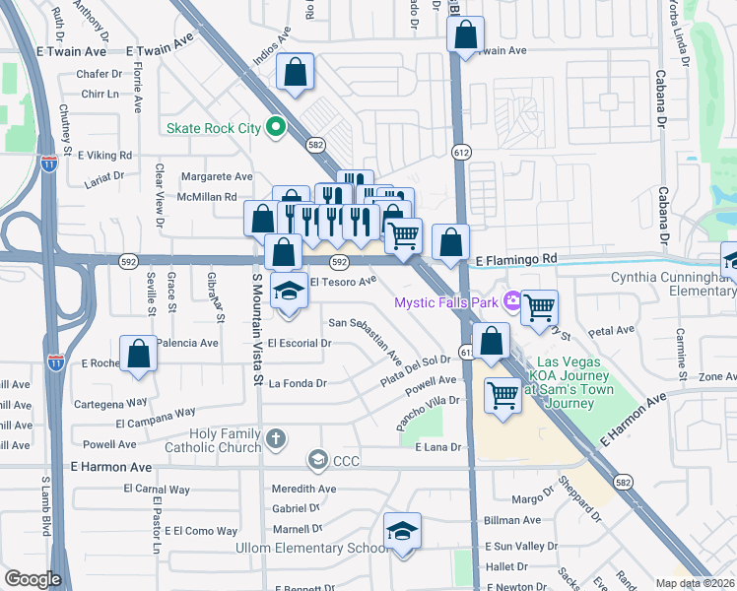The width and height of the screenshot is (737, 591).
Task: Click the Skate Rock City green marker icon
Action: pyautogui.click(x=276, y=127)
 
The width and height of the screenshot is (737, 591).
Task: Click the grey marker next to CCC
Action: pyautogui.click(x=317, y=458)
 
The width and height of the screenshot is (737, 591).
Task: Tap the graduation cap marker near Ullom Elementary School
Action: pyautogui.click(x=402, y=532)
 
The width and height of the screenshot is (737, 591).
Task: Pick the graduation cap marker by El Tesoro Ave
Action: pyautogui.click(x=289, y=292)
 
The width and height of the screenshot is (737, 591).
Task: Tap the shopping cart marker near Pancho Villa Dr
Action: pyautogui.click(x=503, y=395)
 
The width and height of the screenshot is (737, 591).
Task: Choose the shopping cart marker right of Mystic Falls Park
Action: pyautogui.click(x=539, y=309)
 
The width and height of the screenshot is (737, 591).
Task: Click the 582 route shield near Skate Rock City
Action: pyautogui.click(x=315, y=145)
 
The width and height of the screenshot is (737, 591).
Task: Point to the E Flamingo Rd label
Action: pyautogui.click(x=516, y=259)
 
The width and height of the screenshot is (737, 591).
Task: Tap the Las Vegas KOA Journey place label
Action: pyautogui.click(x=571, y=382)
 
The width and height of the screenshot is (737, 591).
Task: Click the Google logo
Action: pyautogui.click(x=33, y=579)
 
